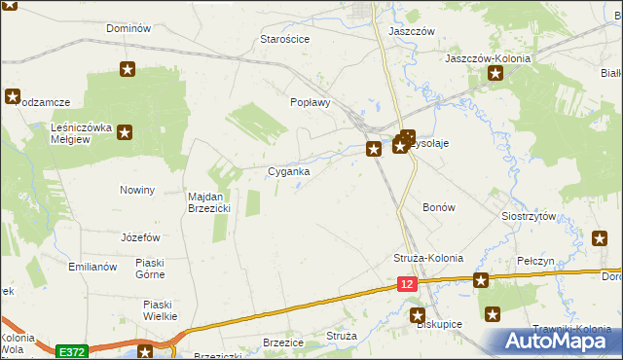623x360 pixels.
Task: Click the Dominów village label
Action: coord(128,28)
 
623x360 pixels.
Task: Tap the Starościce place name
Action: coord(284,39)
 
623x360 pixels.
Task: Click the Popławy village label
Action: coord(311,102)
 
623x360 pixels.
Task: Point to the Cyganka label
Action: coord(289,171)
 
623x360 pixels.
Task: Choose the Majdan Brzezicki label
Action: coord(207,202)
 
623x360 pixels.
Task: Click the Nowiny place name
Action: coord(137,190)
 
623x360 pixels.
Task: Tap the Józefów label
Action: coord(140,237)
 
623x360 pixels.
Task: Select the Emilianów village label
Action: coord(92,267)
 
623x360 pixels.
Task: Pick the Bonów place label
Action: coord(438,207)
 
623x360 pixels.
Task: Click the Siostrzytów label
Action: coord(528,216)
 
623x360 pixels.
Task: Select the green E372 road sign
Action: coord(71,351)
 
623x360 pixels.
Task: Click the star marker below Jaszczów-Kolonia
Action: coord(496,73)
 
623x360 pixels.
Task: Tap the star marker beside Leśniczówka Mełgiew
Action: coord(126,135)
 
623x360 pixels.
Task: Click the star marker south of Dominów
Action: coord(127,69)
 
